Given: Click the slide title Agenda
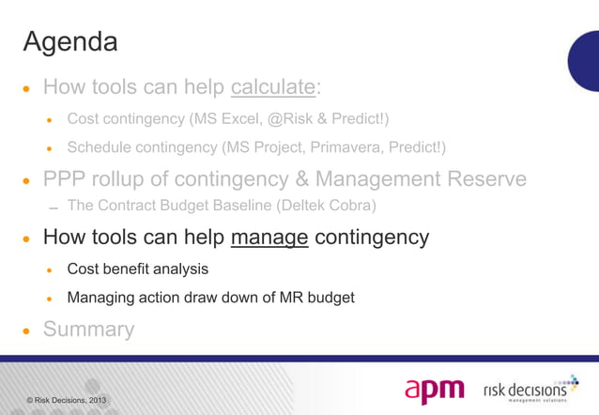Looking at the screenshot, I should point(69,42).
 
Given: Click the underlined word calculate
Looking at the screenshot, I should point(272,88).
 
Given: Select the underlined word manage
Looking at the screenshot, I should point(270,238).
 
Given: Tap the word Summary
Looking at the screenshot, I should point(88,330).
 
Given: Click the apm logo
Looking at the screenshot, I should point(436,389).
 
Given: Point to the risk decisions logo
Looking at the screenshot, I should point(530,389).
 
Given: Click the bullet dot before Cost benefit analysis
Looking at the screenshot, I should point(52,270).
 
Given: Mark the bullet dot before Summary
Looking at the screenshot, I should point(27,331).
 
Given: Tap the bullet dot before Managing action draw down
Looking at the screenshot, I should point(52,299).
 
